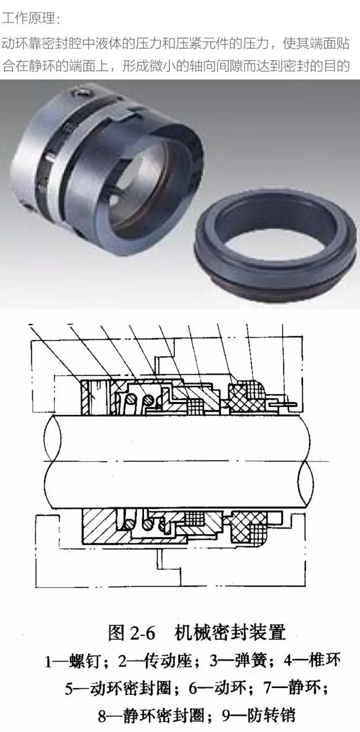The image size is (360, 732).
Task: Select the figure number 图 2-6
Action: [131, 633]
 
